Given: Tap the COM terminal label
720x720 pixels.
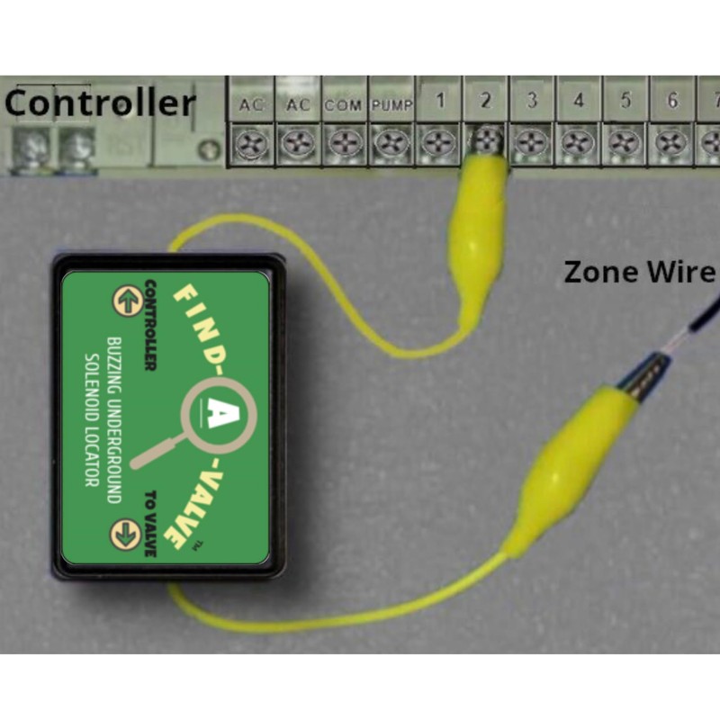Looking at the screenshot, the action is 343,105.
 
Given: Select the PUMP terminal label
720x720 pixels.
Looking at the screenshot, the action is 391,105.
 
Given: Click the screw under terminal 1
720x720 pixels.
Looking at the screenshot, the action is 437,143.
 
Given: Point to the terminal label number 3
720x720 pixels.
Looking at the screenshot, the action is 532,100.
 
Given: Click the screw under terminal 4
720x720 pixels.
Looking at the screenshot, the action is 578,143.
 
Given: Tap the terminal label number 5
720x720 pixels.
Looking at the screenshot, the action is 625,100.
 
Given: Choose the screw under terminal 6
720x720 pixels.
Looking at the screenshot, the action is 671,143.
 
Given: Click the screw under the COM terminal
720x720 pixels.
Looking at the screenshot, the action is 344,143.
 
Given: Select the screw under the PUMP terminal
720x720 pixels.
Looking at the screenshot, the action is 391,143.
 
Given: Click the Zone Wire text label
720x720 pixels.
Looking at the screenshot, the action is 640,272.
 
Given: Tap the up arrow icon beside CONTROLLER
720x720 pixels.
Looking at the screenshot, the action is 128,301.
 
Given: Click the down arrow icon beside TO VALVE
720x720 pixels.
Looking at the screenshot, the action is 125,535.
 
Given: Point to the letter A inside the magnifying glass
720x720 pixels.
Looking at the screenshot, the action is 219,412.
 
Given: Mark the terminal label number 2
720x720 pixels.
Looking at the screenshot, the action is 485,100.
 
